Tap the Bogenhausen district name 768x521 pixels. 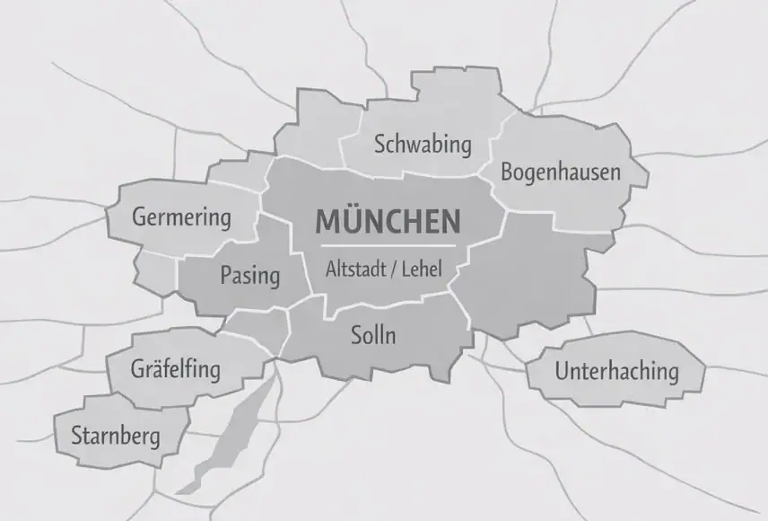(x=561, y=171)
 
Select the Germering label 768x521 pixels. (x=181, y=216)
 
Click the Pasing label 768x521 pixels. (x=249, y=275)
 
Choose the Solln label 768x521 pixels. (x=372, y=336)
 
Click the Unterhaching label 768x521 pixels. (x=616, y=370)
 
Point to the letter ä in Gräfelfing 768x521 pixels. (x=152, y=368)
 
